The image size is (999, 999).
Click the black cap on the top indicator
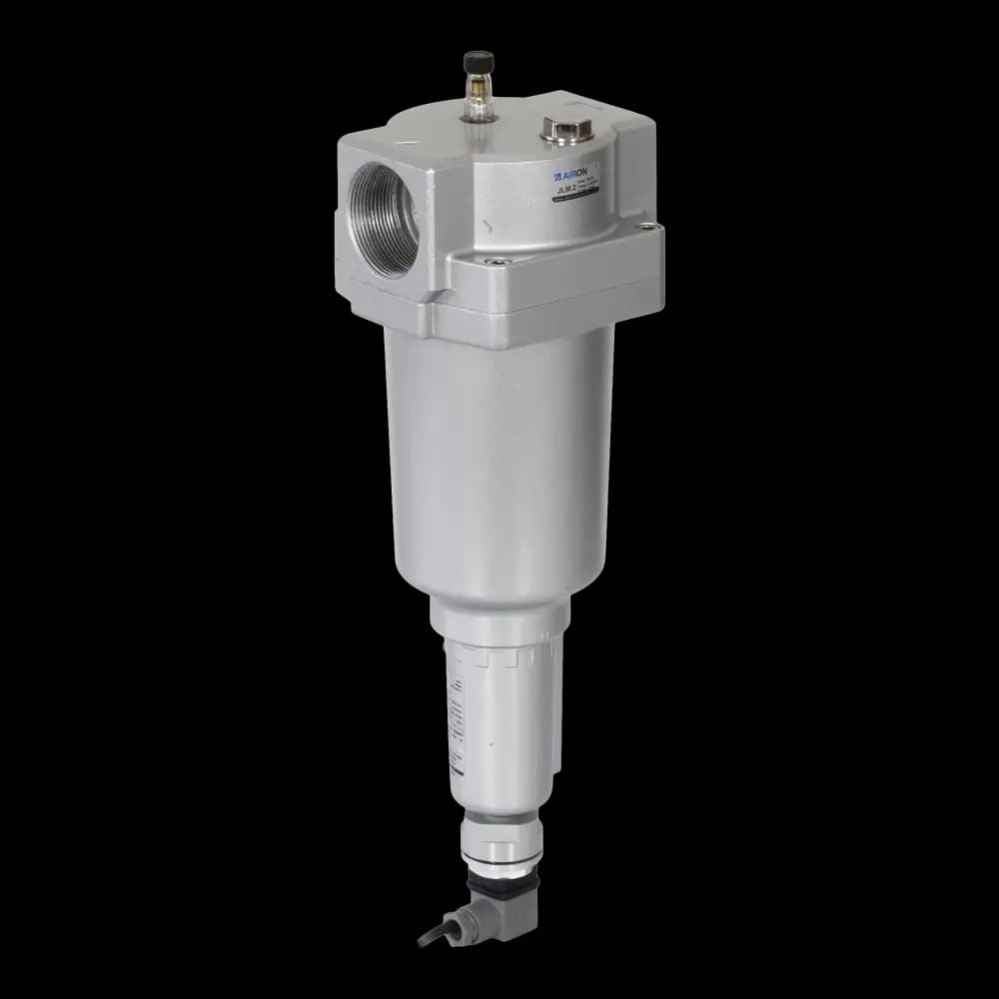[472, 63]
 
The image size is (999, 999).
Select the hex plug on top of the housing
[555, 127]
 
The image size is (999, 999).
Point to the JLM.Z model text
[570, 187]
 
